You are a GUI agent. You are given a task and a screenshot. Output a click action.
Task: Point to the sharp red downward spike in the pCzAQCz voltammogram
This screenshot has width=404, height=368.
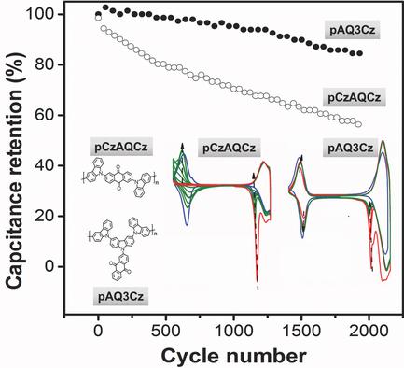pos(257,276)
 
